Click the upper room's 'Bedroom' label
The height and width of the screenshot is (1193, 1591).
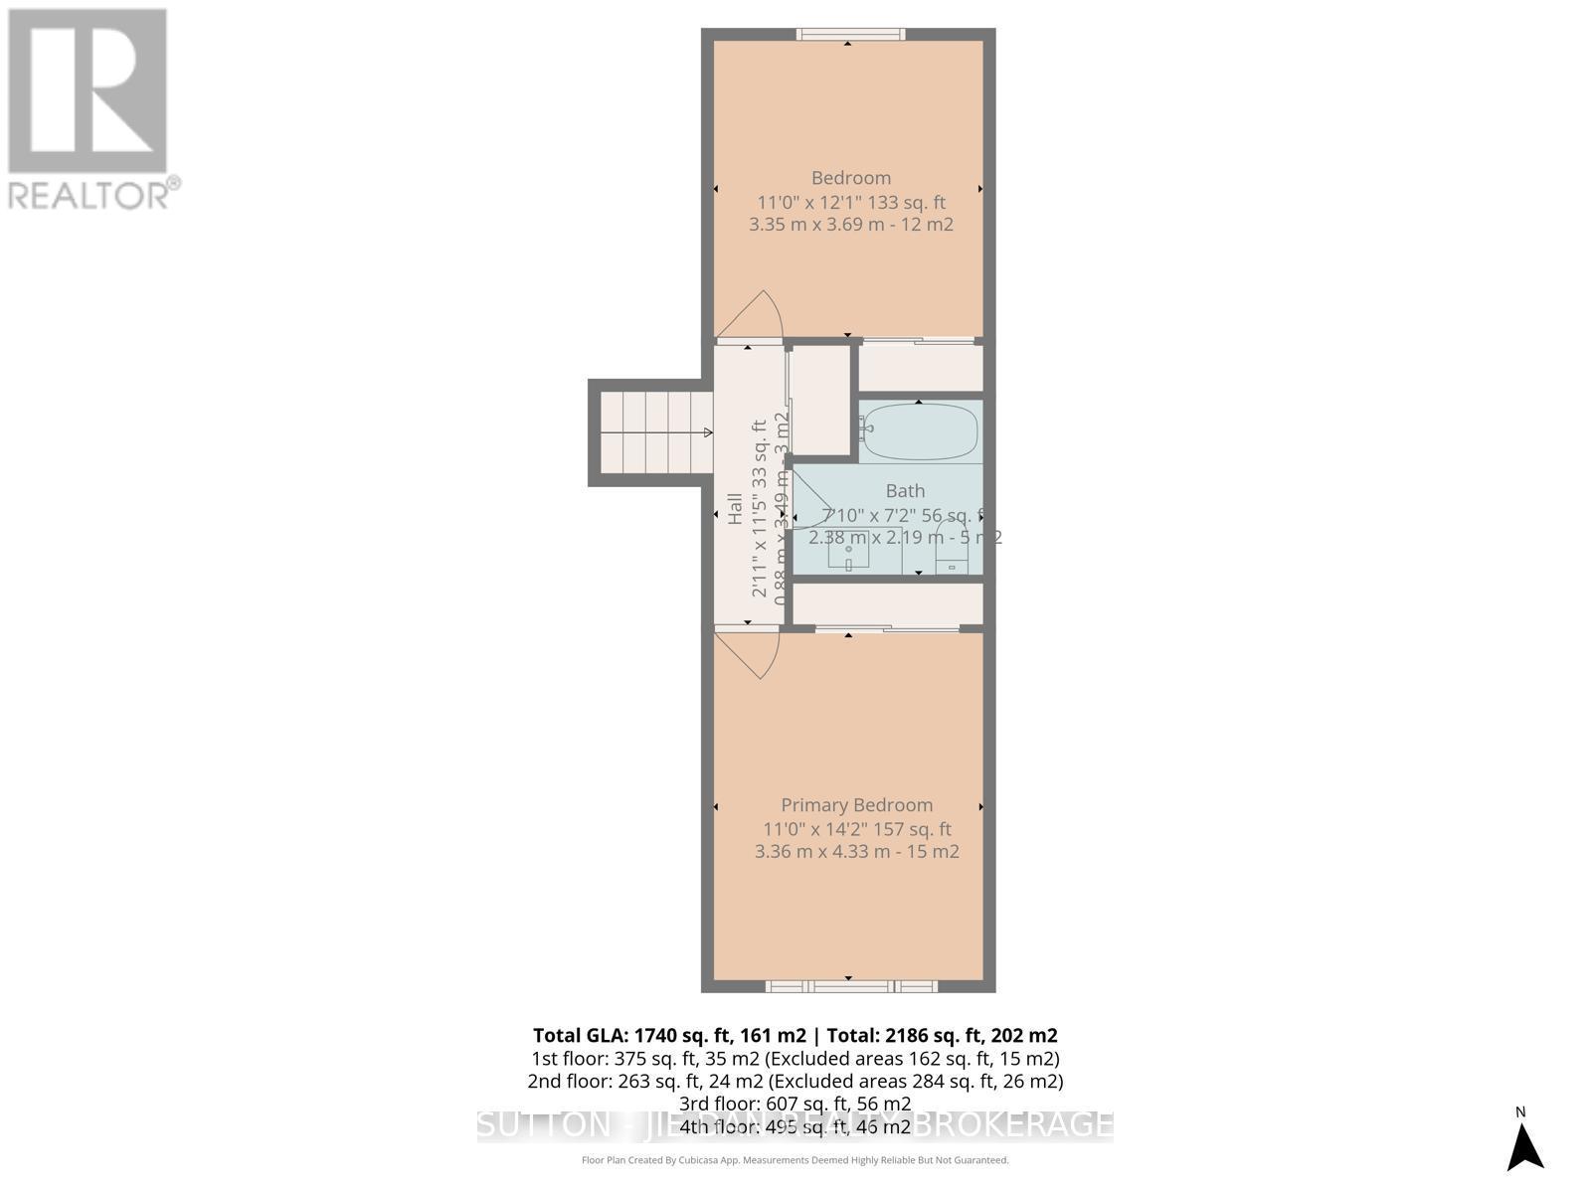[850, 178]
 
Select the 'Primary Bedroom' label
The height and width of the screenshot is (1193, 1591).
[856, 805]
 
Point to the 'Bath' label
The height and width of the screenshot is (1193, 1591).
[905, 490]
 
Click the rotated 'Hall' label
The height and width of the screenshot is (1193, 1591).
[736, 509]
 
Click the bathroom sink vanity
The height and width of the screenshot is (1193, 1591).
[848, 551]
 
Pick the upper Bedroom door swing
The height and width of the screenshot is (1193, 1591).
[752, 315]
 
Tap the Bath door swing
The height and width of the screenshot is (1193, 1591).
[809, 497]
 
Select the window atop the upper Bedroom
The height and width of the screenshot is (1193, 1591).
[850, 35]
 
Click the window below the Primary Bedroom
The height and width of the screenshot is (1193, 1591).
[851, 986]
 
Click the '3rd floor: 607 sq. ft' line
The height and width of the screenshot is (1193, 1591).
[795, 1104]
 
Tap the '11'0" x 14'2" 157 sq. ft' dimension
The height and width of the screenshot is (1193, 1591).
[856, 829]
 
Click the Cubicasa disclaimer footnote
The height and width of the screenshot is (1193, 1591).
[795, 1160]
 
